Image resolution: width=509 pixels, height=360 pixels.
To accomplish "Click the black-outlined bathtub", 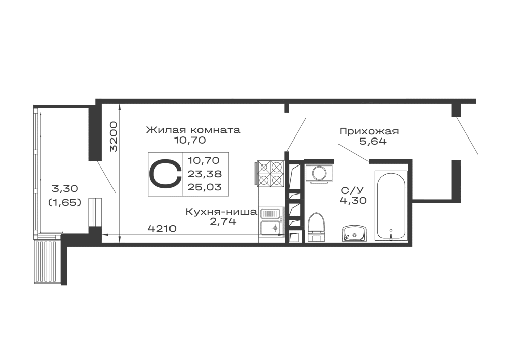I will (x=389, y=204).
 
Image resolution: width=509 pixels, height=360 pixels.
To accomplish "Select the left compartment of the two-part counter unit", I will (x=164, y=175).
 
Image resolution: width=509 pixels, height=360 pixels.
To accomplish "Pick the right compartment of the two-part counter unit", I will (x=207, y=175).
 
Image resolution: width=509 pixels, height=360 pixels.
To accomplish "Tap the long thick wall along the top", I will (x=285, y=102).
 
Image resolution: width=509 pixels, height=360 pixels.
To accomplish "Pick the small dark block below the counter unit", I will (x=163, y=228).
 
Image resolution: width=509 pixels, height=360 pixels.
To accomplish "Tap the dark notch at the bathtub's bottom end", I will (x=390, y=233).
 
